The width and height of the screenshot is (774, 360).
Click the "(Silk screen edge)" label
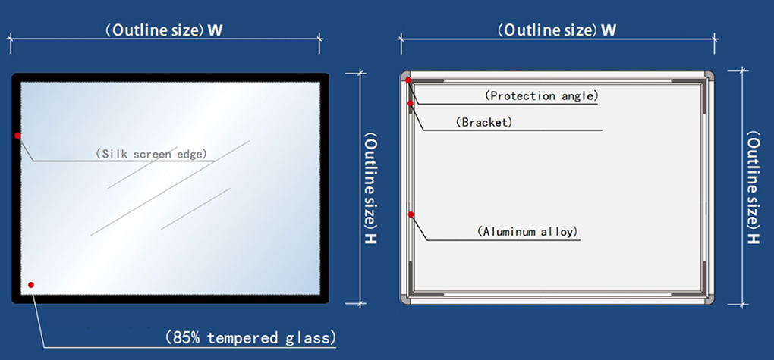(x=150, y=153)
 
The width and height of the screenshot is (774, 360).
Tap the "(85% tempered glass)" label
(x=250, y=338)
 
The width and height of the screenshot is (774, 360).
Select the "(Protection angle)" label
(x=542, y=95)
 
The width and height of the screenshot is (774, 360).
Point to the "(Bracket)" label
(x=484, y=122)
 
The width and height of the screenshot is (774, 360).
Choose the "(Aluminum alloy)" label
(x=527, y=231)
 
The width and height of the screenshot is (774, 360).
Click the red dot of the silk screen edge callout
(x=17, y=135)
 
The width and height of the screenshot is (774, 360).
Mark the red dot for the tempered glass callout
(x=31, y=284)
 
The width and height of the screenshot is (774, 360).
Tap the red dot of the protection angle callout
(x=408, y=80)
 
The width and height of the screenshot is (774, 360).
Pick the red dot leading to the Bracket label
(x=410, y=103)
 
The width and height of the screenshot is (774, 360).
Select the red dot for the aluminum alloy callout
(x=411, y=214)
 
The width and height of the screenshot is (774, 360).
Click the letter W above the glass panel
(x=215, y=30)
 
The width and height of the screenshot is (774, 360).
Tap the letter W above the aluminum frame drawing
(x=609, y=30)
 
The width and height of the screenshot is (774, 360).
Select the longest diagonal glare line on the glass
(x=170, y=188)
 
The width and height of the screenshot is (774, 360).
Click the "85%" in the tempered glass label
(x=187, y=338)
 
